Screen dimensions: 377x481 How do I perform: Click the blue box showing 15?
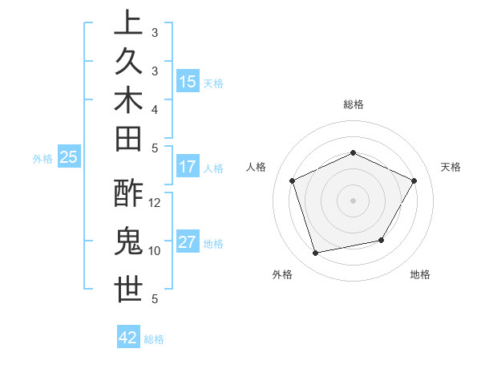pyautogui.click(x=188, y=81)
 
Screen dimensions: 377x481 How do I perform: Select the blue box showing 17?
pyautogui.click(x=188, y=167)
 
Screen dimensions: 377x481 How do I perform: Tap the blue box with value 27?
pyautogui.click(x=188, y=242)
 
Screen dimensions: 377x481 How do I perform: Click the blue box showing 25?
pyautogui.click(x=69, y=157)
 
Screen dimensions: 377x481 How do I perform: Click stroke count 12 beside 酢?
pyautogui.click(x=155, y=203)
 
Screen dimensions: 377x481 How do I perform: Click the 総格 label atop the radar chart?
pyautogui.click(x=354, y=104)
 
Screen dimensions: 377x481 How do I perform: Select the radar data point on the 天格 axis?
pyautogui.click(x=414, y=180)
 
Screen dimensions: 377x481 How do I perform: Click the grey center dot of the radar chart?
pyautogui.click(x=353, y=201)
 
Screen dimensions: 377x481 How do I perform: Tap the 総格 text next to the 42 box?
pyautogui.click(x=154, y=339)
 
